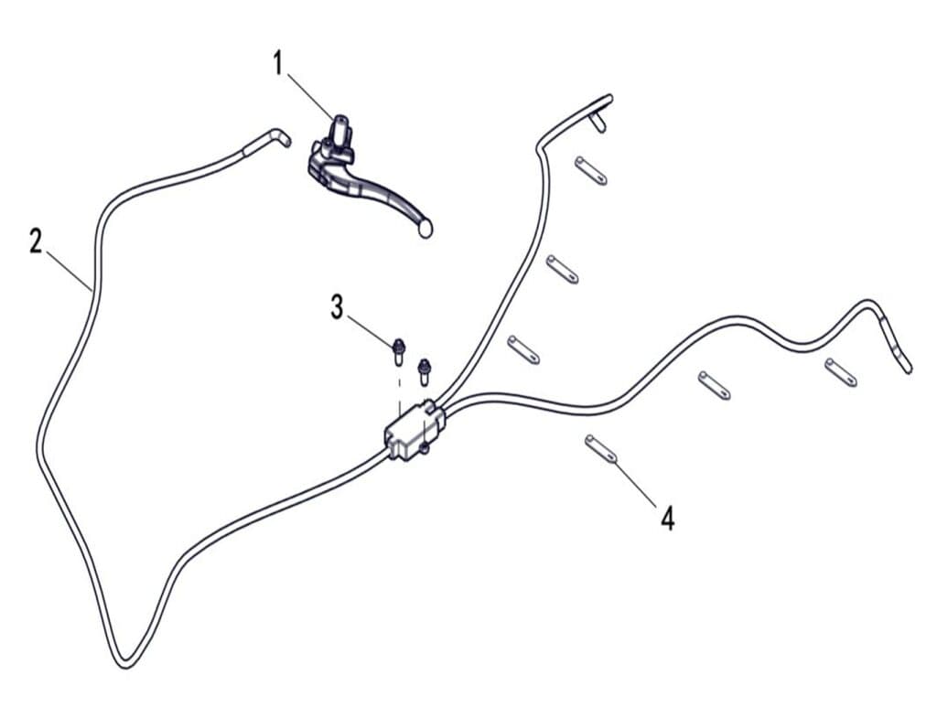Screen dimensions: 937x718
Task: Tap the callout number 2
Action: click(x=36, y=241)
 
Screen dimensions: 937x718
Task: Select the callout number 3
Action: click(x=337, y=307)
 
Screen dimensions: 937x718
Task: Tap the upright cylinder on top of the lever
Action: click(x=340, y=130)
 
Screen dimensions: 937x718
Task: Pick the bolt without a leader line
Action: click(x=425, y=371)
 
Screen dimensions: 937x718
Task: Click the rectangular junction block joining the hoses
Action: click(x=415, y=430)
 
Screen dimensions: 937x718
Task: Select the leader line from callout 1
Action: click(x=311, y=96)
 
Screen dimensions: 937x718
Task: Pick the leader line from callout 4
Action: click(x=637, y=482)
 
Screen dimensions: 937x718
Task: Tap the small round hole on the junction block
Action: click(x=425, y=447)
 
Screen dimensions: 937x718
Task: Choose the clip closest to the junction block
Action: click(x=523, y=349)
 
